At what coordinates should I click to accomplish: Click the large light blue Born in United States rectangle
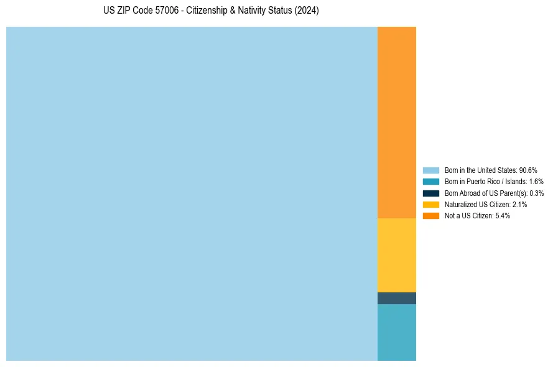pyautogui.click(x=192, y=193)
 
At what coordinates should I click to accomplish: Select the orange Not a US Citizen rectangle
pyautogui.click(x=397, y=123)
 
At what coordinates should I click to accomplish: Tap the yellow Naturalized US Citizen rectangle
pyautogui.click(x=397, y=255)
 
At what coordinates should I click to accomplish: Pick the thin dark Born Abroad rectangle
pyautogui.click(x=397, y=298)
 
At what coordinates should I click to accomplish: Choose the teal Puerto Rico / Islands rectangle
pyautogui.click(x=397, y=332)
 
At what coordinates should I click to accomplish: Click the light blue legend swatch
pyautogui.click(x=431, y=170)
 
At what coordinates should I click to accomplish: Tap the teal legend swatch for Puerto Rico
pyautogui.click(x=431, y=182)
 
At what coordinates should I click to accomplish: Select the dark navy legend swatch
pyautogui.click(x=431, y=193)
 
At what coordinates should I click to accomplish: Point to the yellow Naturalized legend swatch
pyautogui.click(x=431, y=204)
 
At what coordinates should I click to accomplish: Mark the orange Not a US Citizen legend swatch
pyautogui.click(x=431, y=215)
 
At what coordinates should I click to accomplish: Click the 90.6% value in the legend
pyautogui.click(x=528, y=170)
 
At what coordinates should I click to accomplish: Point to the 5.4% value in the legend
pyautogui.click(x=503, y=215)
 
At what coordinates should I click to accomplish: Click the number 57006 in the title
pyautogui.click(x=159, y=11)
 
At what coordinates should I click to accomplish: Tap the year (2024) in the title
pyautogui.click(x=306, y=11)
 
